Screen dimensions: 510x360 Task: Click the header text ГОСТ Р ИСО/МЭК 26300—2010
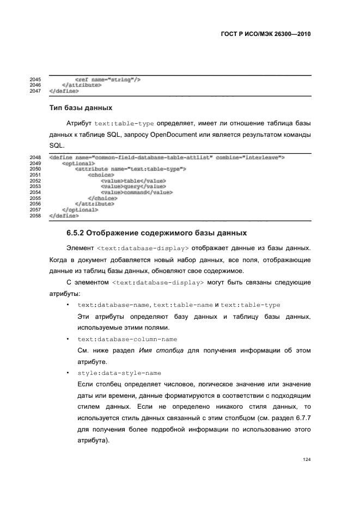coord(265,34)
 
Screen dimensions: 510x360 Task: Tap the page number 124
coord(307,459)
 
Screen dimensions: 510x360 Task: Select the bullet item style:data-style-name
coord(119,373)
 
